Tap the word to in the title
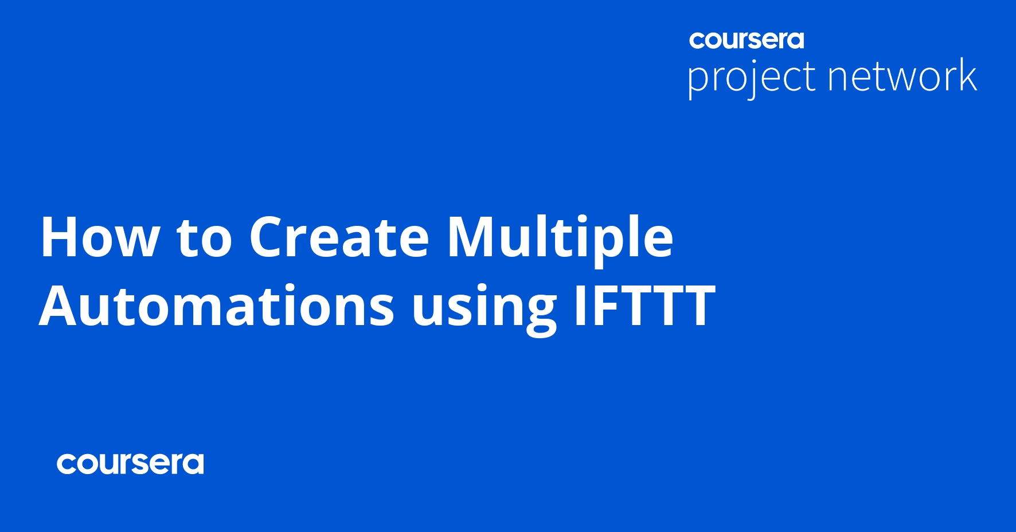[x=204, y=237]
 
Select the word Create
[x=339, y=237]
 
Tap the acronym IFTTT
[x=644, y=306]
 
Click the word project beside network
[x=751, y=77]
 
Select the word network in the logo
[x=902, y=76]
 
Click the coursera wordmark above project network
[x=747, y=40]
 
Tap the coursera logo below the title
[x=130, y=464]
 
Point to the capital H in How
[x=60, y=237]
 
